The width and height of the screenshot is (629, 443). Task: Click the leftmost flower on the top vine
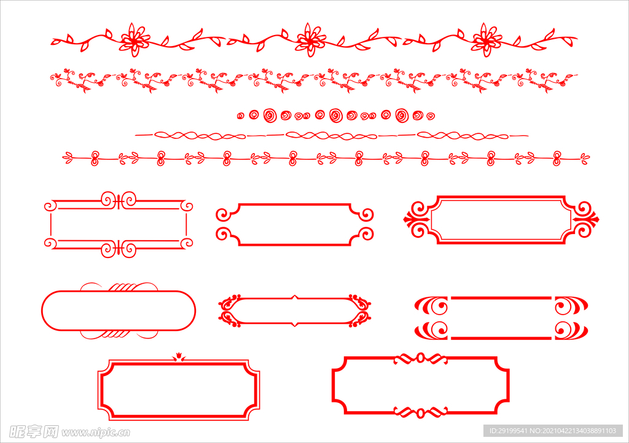coord(135,40)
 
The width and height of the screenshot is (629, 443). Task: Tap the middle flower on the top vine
coord(310,40)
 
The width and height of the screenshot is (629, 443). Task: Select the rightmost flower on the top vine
coord(486,40)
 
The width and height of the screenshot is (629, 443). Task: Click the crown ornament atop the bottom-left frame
coord(179,357)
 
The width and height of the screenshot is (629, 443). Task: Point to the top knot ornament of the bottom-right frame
coord(420,358)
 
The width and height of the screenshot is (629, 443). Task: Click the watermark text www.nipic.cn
coord(95,433)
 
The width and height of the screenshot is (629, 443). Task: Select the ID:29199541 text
coord(509,431)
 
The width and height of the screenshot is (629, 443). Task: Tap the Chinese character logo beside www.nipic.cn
coord(34,432)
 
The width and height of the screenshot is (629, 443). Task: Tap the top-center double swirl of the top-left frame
coord(119,200)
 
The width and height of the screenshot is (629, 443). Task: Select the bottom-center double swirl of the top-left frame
coord(119,249)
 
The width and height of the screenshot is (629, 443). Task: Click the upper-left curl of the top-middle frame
coord(224,214)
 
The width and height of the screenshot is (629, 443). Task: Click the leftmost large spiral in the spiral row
coord(270,115)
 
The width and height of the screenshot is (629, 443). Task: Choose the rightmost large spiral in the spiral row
coord(402,115)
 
